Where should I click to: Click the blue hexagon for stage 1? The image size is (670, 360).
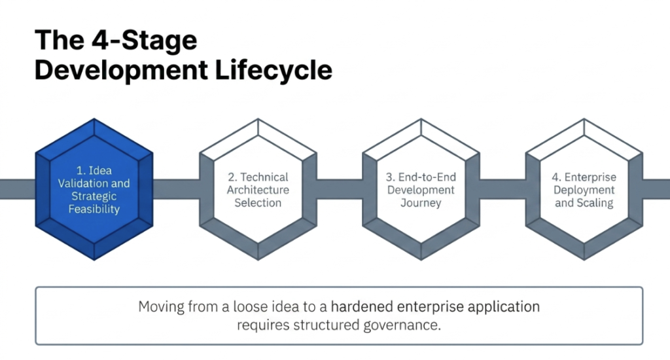(x=94, y=189)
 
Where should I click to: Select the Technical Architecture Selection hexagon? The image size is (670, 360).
(x=258, y=189)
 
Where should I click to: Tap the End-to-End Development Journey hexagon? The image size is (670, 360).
(x=421, y=189)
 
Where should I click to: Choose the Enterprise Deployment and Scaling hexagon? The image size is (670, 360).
(x=584, y=189)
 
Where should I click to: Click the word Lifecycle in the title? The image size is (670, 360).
(x=273, y=69)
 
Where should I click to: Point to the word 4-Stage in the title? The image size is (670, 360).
(x=144, y=40)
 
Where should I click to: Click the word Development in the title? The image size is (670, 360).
(x=121, y=71)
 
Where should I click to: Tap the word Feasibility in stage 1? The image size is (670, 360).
(x=94, y=209)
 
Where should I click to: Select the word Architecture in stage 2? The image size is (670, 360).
(x=258, y=190)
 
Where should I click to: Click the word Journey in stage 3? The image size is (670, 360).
(x=421, y=203)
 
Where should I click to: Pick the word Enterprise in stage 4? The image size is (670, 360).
(x=590, y=177)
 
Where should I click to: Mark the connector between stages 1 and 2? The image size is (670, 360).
(x=176, y=189)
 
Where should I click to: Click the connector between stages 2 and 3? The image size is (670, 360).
(x=340, y=189)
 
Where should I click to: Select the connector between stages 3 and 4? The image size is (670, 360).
(x=502, y=189)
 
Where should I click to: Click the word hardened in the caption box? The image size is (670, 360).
(x=362, y=306)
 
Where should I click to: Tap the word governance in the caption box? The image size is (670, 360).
(x=402, y=325)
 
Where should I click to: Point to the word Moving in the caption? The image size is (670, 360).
(x=161, y=307)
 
